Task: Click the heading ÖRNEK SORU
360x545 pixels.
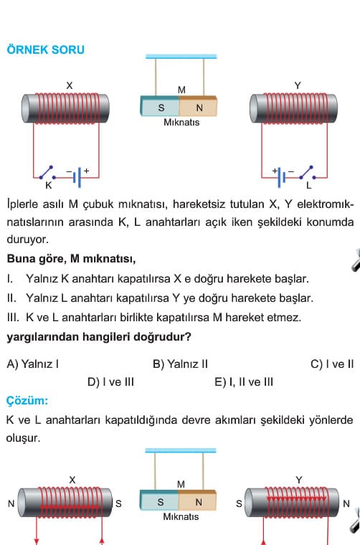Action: [45, 49]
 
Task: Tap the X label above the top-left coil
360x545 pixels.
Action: [70, 85]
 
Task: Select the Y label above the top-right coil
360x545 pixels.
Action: [298, 85]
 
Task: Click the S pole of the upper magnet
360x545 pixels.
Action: [160, 106]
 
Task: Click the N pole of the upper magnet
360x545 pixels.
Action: [198, 106]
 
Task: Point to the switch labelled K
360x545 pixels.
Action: [48, 173]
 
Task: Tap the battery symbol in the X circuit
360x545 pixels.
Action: [77, 177]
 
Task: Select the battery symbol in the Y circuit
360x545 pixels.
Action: [281, 177]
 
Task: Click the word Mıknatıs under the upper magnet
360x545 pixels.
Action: [181, 123]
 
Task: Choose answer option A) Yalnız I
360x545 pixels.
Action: [33, 364]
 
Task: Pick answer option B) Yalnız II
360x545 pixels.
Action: [180, 364]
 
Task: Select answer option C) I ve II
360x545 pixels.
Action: [332, 364]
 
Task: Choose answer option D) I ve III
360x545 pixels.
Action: [111, 382]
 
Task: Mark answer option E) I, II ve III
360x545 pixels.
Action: [244, 382]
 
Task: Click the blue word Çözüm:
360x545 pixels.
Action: [27, 400]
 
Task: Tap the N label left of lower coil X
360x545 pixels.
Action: [11, 503]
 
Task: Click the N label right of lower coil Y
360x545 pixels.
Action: [346, 503]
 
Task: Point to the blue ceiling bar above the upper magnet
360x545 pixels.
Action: [181, 57]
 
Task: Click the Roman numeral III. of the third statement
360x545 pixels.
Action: [14, 318]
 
